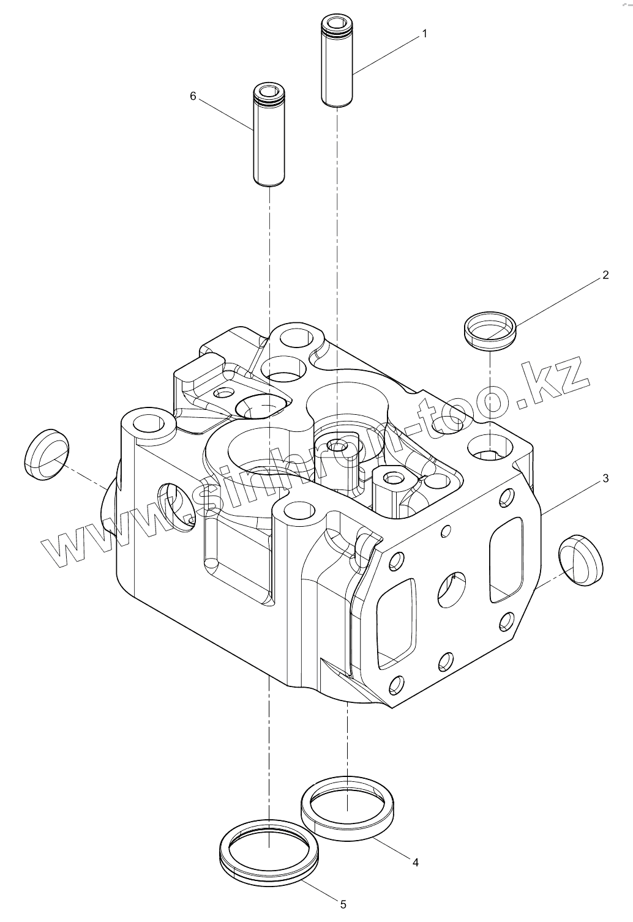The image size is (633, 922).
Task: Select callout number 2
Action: [x=605, y=275]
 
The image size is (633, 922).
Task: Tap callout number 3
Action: [x=605, y=478]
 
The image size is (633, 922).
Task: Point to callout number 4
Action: [x=415, y=862]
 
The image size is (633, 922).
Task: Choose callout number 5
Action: [x=343, y=904]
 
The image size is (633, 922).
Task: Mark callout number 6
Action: [x=193, y=96]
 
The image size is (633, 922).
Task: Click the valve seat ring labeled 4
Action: [x=347, y=808]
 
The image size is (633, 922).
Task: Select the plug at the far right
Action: [x=580, y=559]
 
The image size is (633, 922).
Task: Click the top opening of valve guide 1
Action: [x=337, y=26]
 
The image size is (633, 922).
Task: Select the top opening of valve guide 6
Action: [x=269, y=93]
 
